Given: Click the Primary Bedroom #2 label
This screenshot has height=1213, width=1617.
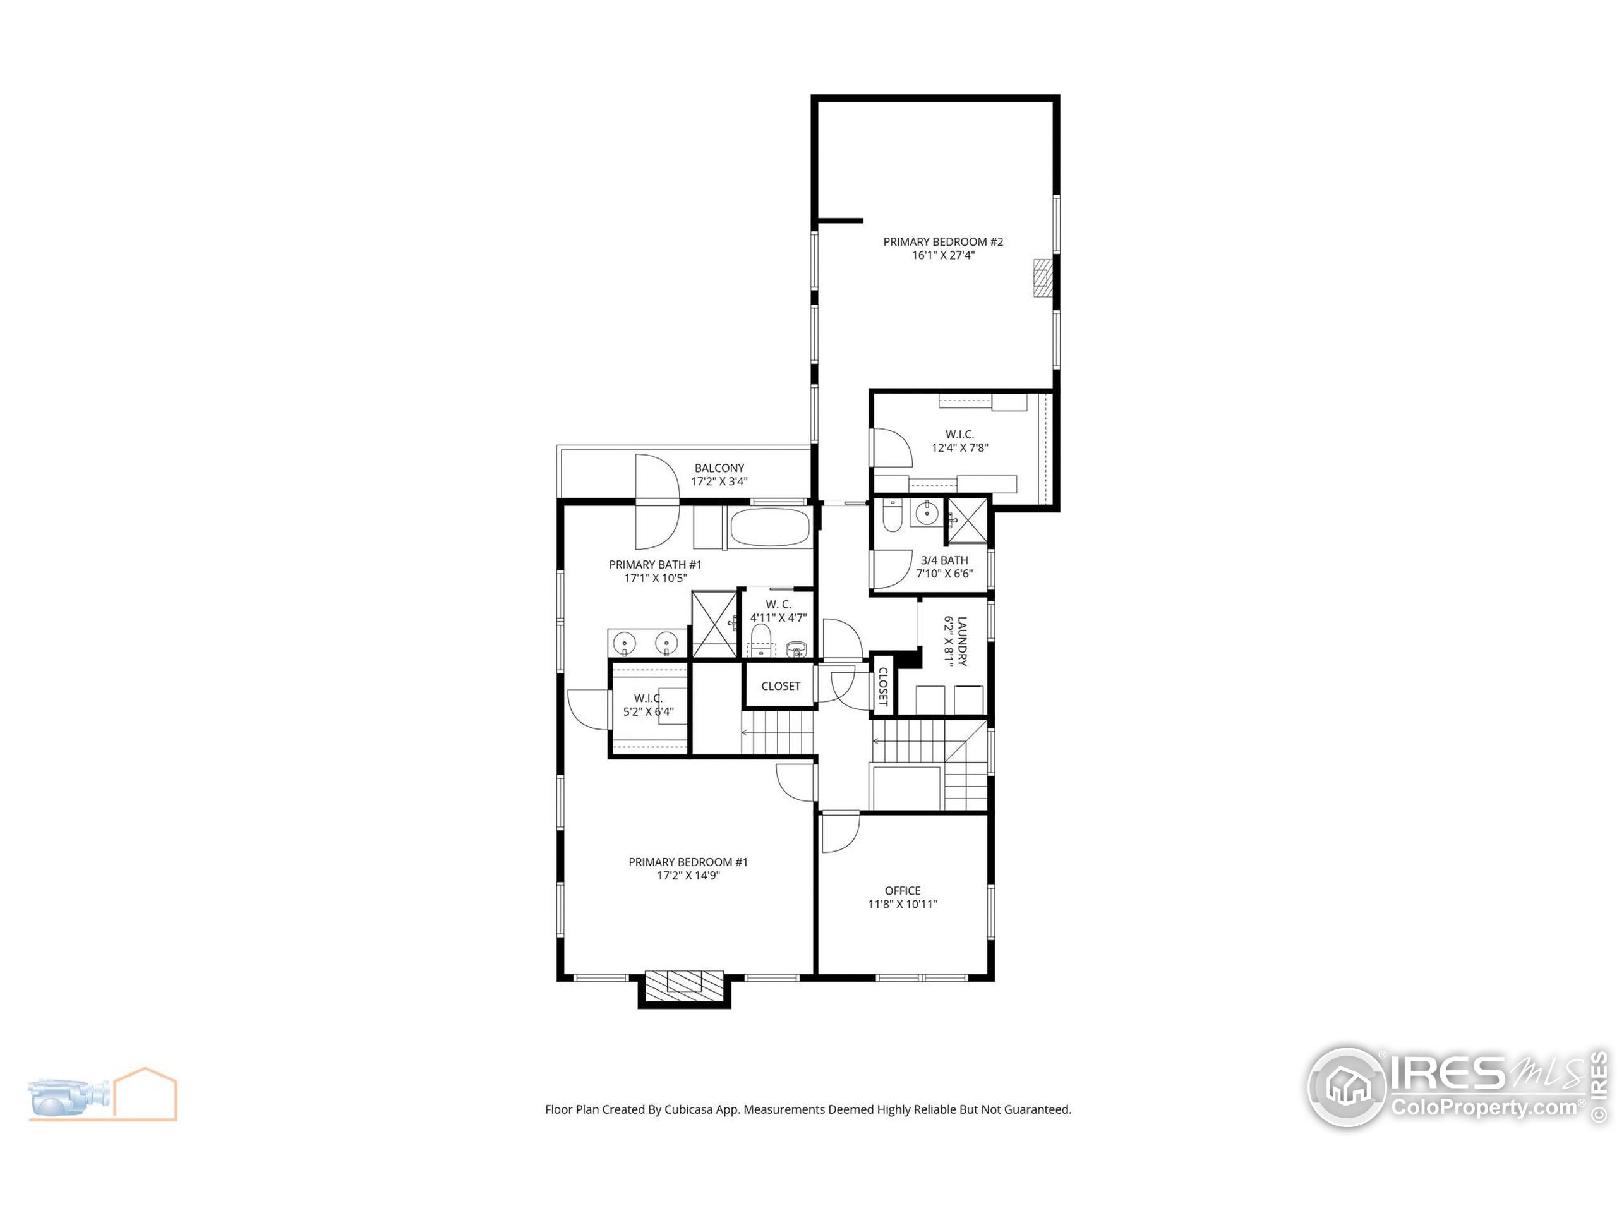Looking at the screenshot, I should click(943, 241).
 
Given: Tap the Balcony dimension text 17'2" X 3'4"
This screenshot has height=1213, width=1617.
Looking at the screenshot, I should click(719, 481).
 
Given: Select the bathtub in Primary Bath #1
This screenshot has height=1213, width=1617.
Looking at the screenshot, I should click(769, 527).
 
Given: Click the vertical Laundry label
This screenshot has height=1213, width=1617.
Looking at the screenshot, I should click(961, 641).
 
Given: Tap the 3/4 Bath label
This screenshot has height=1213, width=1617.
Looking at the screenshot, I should click(944, 560).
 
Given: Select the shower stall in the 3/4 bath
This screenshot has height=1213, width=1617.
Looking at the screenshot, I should click(966, 521).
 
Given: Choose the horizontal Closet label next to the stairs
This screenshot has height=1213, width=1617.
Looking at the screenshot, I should click(780, 686).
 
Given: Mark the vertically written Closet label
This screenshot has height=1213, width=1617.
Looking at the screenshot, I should click(882, 686).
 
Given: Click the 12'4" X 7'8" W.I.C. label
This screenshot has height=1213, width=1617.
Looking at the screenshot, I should click(959, 441).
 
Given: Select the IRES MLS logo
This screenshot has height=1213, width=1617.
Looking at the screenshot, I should click(1455, 1087).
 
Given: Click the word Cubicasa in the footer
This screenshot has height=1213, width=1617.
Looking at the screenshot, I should click(688, 1109).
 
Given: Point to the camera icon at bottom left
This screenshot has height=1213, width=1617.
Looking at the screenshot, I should click(69, 1095).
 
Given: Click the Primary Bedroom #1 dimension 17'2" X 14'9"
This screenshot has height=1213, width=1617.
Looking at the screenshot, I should click(688, 875).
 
